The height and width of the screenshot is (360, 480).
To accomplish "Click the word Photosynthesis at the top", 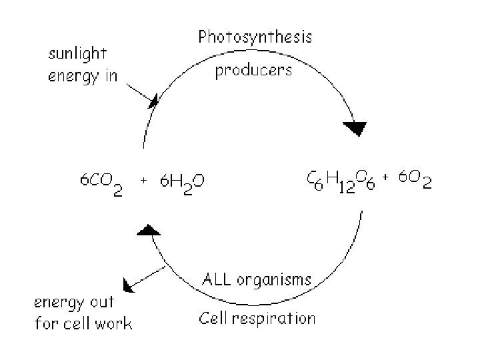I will coord(255,38).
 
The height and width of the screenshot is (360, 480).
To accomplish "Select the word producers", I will coord(253,70).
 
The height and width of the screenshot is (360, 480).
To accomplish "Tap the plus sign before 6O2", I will coord(386,177).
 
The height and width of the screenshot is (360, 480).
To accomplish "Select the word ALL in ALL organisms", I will coord(217,279).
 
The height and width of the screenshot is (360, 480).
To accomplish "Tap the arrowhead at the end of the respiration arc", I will coord(147,230).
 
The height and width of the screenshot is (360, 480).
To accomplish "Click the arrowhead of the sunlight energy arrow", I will coord(154,101).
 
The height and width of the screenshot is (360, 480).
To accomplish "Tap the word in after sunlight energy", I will coord(109,75).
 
